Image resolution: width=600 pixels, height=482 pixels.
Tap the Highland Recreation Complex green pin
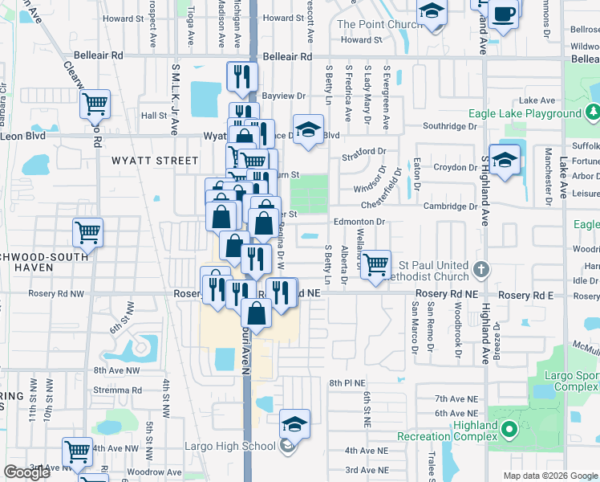click(508, 432)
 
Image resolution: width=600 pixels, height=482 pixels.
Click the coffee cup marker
click(505, 14)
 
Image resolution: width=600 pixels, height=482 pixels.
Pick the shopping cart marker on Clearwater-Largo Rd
click(95, 104)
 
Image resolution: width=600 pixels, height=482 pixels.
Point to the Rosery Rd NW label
click(56, 294)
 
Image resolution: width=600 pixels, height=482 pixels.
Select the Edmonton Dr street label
click(359, 221)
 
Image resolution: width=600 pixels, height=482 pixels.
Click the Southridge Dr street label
click(450, 126)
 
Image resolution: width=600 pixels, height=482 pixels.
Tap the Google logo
click(26, 472)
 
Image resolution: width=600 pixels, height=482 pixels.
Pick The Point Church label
click(379, 24)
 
